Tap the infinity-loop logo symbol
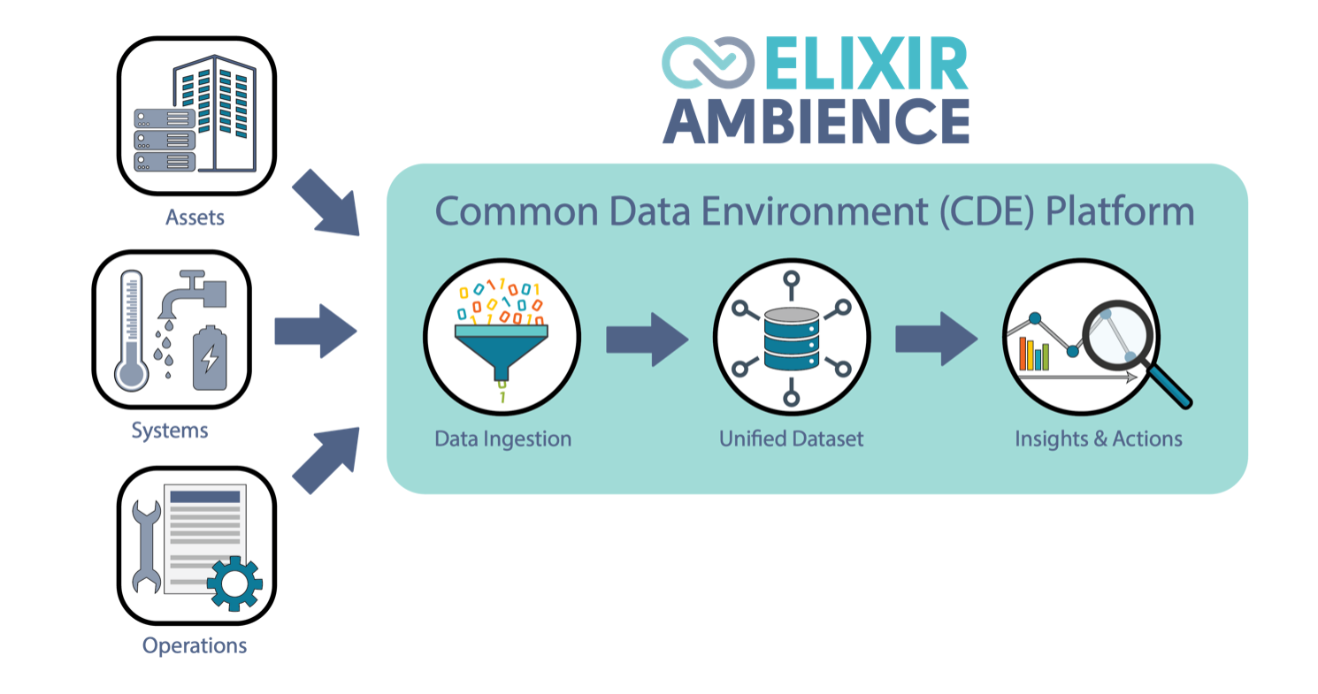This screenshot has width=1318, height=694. (709, 64)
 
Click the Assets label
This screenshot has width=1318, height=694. (195, 217)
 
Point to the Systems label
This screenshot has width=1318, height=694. (170, 431)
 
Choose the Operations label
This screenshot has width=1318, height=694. (195, 645)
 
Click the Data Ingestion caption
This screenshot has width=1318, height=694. (502, 439)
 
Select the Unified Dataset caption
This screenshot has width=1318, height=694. (791, 439)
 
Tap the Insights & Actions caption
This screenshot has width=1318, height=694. (1099, 439)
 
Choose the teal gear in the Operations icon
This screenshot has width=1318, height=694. (234, 583)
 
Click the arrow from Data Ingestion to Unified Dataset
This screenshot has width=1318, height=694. (647, 338)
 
